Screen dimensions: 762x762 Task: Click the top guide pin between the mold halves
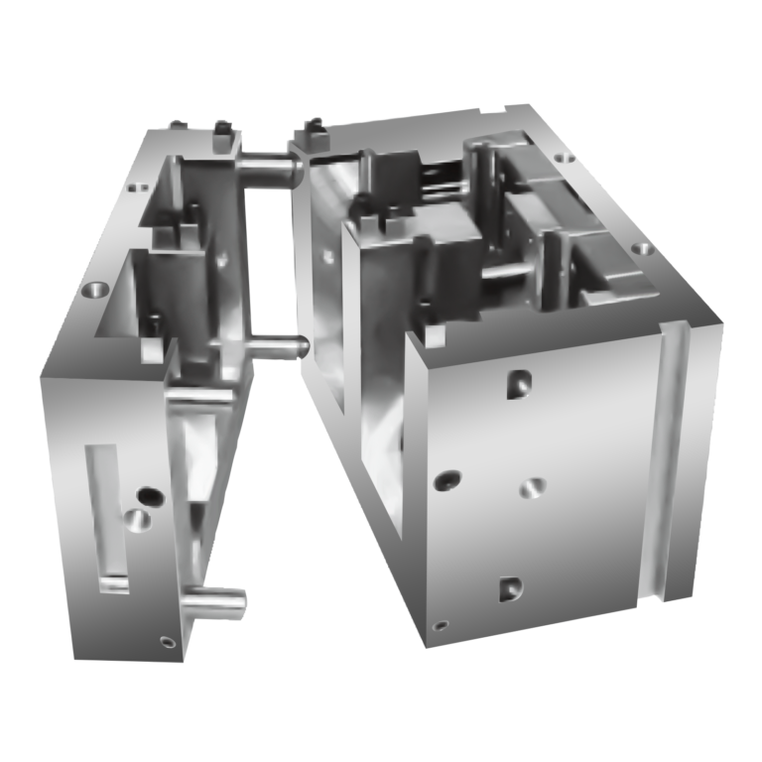[x=270, y=163]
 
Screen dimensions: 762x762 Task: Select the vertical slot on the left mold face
[x=106, y=516]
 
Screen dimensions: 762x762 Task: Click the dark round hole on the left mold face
[x=150, y=493]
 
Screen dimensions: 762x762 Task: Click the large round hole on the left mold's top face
[x=93, y=291]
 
